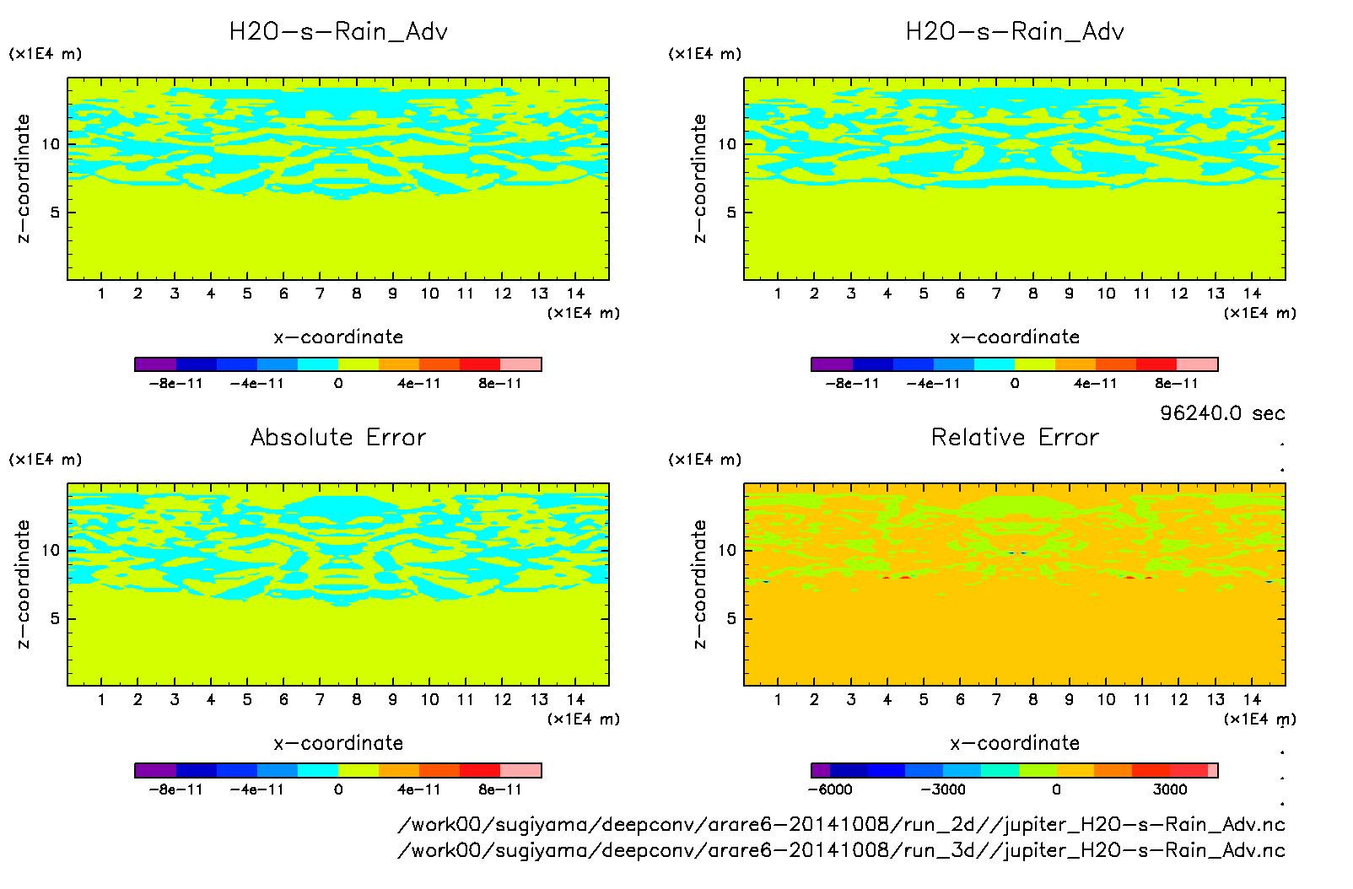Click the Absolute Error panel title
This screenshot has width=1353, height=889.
(x=338, y=437)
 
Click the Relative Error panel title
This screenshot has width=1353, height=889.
(x=1015, y=437)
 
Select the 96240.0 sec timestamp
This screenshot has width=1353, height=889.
(x=1222, y=413)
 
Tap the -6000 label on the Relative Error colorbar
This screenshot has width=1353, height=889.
(x=831, y=789)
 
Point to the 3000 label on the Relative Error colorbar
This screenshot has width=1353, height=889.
(x=1170, y=789)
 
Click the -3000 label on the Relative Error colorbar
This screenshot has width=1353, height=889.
(x=943, y=789)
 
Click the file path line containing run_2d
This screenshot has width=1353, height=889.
(x=841, y=824)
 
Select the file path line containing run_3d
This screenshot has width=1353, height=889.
(x=841, y=850)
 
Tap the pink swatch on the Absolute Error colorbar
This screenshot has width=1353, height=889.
(x=520, y=770)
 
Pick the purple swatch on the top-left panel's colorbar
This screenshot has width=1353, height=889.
(x=155, y=364)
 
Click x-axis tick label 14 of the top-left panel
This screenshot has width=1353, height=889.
(x=575, y=294)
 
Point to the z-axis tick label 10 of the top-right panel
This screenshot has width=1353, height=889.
(x=727, y=144)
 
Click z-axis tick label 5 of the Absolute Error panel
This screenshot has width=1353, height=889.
(x=55, y=618)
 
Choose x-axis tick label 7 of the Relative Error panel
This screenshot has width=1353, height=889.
(x=996, y=699)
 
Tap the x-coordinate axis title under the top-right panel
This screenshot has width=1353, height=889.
(x=1015, y=337)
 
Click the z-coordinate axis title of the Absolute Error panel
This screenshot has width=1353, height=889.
(x=24, y=584)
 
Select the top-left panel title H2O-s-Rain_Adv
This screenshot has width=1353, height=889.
(x=338, y=32)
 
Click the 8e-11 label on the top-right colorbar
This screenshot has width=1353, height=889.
(x=1177, y=384)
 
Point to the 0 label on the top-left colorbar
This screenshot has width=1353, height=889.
(x=338, y=384)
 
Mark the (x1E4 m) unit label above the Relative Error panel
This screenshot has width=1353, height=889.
(x=705, y=460)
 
